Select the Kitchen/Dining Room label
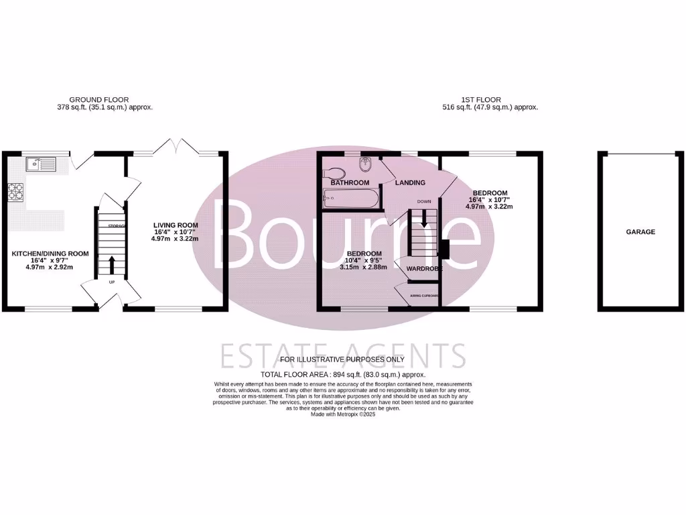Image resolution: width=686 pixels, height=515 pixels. [50, 253]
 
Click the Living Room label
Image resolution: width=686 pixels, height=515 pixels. [176, 225]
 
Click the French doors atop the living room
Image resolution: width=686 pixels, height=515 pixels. [177, 146]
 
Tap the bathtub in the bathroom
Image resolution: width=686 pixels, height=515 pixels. [350, 198]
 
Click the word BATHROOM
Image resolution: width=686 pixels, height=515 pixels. [350, 182]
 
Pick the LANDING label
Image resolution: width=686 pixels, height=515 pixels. [410, 182]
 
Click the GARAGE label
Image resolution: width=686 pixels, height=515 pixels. [641, 232]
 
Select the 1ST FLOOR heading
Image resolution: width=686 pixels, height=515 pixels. [490, 99]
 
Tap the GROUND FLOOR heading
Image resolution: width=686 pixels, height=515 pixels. [99, 99]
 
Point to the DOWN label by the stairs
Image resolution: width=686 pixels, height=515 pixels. [424, 201]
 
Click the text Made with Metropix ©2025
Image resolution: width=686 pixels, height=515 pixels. [343, 414]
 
